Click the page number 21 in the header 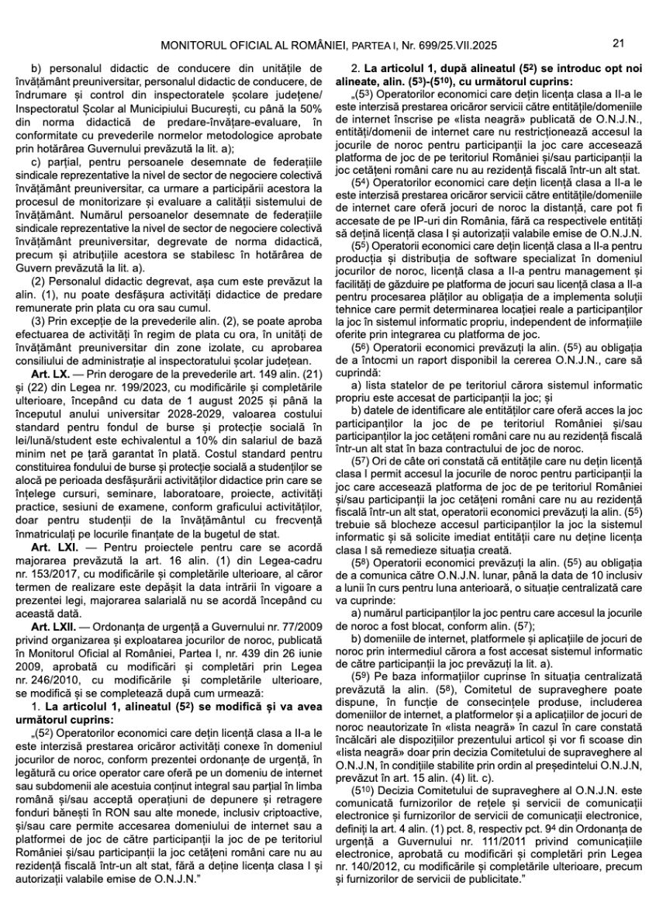[x=619, y=43]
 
